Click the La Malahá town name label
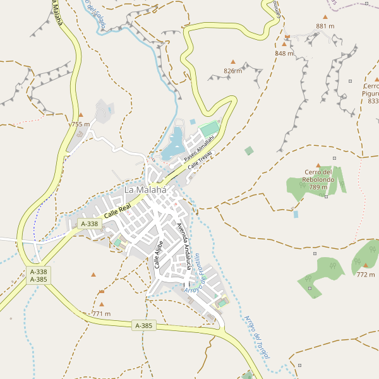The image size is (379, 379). pyautogui.click(x=145, y=189)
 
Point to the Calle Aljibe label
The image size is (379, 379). pyautogui.click(x=159, y=255)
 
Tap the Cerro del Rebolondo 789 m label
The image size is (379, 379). pyautogui.click(x=318, y=179)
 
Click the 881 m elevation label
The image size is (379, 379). pyautogui.click(x=325, y=27)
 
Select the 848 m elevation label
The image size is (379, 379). pyautogui.click(x=284, y=54)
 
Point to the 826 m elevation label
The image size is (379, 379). pyautogui.click(x=233, y=71)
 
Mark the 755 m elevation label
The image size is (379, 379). pyautogui.click(x=80, y=124)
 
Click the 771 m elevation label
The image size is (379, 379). pyautogui.click(x=101, y=314)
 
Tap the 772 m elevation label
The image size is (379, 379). pyautogui.click(x=365, y=275)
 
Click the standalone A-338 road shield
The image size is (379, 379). pyautogui.click(x=90, y=224)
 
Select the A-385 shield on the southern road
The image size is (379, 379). pyautogui.click(x=144, y=326)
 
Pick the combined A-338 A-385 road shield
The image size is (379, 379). pyautogui.click(x=39, y=275)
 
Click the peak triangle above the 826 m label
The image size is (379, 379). pyautogui.click(x=233, y=62)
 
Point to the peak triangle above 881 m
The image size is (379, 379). pyautogui.click(x=325, y=17)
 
